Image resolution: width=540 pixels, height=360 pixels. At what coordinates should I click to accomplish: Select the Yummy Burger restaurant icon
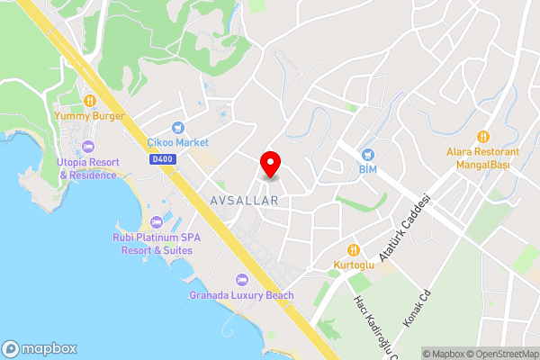[x=89, y=100]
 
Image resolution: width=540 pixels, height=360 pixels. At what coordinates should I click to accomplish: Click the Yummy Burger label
[x=88, y=115]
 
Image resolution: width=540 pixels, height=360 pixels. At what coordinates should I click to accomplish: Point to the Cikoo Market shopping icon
[x=177, y=127]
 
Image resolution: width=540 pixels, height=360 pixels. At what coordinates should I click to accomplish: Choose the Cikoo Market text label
[x=177, y=142]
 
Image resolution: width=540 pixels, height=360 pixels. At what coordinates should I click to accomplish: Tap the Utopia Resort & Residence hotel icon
[x=87, y=147]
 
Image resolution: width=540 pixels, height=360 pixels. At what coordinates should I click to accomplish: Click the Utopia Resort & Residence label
[x=87, y=168]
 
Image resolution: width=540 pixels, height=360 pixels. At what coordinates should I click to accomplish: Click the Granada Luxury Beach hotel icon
[x=240, y=280]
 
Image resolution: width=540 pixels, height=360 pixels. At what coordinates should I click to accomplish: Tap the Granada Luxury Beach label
[x=241, y=295]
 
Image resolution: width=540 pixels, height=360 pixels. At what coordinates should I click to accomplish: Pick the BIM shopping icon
[x=366, y=154]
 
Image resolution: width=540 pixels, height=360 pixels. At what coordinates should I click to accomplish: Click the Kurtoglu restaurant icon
[x=353, y=249]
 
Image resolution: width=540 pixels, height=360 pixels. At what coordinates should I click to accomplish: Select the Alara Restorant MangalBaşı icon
[x=483, y=137]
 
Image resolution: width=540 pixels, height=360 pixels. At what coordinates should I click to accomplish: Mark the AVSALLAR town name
[x=245, y=200]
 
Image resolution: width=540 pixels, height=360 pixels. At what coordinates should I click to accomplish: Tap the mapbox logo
[x=40, y=348]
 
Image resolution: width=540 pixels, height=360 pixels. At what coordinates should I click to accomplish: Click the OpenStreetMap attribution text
[x=500, y=354]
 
